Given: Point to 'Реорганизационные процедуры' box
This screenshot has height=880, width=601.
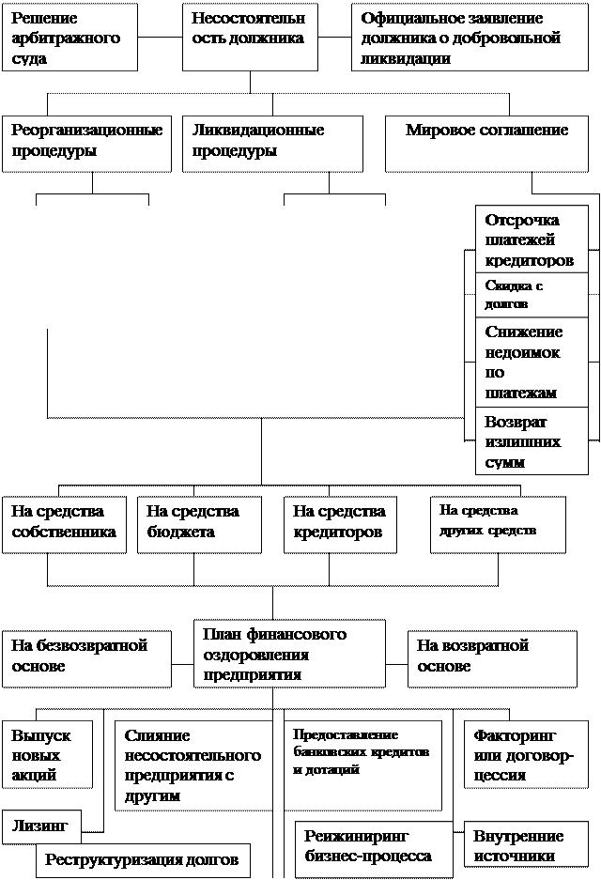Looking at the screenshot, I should (86, 143).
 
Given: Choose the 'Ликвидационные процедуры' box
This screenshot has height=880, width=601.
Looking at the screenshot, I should (272, 143).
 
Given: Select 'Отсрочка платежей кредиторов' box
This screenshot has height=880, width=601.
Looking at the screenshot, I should (532, 239).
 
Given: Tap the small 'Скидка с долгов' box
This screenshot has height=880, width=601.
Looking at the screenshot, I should (532, 295).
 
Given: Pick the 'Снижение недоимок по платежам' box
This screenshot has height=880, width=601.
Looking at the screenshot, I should (532, 362).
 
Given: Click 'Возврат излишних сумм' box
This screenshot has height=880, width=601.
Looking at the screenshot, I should (532, 440).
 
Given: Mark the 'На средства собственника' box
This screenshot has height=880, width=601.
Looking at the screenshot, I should (64, 523).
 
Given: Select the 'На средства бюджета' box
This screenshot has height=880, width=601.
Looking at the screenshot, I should (200, 523).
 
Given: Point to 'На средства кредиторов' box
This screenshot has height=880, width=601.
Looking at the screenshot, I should (340, 523).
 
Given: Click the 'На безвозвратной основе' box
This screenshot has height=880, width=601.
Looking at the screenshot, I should (86, 656).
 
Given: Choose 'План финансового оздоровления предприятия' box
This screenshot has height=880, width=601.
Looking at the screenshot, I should (289, 654).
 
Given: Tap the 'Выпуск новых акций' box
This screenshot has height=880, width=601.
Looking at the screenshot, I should (47, 753).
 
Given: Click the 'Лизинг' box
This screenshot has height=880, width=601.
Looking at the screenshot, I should (41, 826).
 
